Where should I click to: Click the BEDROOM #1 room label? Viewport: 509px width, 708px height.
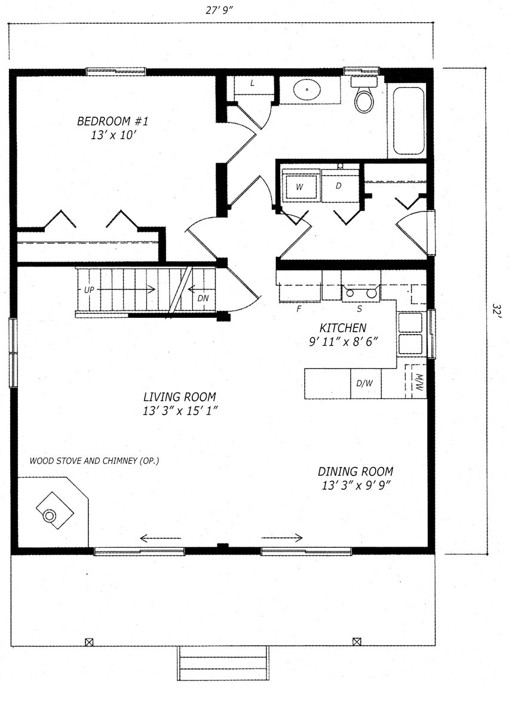coord(112,121)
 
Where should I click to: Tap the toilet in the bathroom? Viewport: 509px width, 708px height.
coord(364,94)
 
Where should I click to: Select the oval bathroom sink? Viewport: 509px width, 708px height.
coord(307,90)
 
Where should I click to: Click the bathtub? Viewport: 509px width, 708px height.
coord(408,121)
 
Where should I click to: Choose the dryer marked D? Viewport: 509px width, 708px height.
coord(339,186)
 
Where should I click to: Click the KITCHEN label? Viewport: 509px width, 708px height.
coord(343,327)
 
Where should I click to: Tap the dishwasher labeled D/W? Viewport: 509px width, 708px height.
coord(365,384)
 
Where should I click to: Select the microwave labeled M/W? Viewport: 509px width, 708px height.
coord(416,382)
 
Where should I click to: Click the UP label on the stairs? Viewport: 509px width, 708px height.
coord(89,289)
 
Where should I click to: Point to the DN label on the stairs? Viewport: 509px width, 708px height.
coord(203,298)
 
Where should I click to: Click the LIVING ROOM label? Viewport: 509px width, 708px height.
coord(180,397)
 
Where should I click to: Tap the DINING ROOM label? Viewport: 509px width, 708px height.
coord(355,471)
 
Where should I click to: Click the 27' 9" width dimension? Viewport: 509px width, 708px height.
coord(219,10)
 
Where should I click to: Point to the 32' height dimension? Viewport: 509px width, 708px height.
coord(496,311)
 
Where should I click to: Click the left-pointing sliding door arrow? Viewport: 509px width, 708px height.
coord(160,538)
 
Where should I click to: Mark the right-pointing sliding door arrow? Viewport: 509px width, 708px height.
coord(282,537)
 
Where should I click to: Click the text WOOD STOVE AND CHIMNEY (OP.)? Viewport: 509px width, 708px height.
coord(94,461)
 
